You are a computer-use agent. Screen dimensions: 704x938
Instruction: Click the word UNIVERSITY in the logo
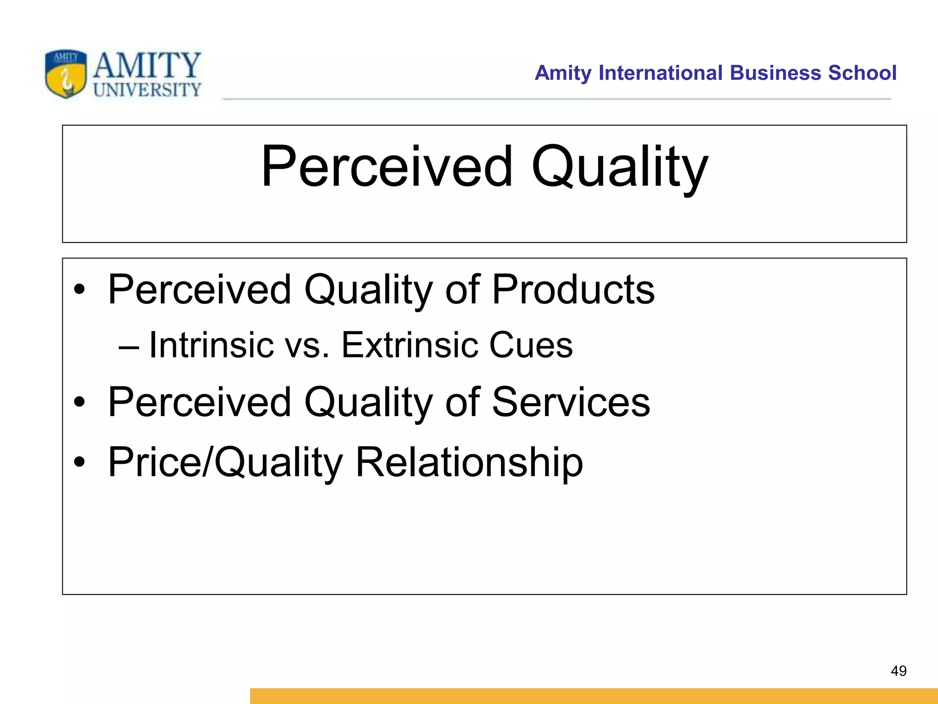tap(147, 90)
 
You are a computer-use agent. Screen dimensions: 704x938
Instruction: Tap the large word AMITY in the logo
tap(147, 65)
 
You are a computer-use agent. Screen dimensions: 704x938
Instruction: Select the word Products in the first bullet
tap(573, 289)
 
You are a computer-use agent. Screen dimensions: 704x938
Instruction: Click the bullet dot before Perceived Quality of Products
tap(80, 290)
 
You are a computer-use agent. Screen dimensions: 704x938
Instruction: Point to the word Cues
tap(531, 345)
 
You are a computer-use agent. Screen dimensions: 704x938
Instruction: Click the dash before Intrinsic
tap(128, 346)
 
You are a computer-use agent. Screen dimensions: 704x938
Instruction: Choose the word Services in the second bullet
tap(571, 401)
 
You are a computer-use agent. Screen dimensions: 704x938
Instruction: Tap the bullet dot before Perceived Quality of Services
tap(80, 402)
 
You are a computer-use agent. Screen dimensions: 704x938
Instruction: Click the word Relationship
tap(469, 462)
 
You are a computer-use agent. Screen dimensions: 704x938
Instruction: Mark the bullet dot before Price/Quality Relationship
tap(80, 462)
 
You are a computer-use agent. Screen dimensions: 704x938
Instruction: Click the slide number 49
tap(899, 671)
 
